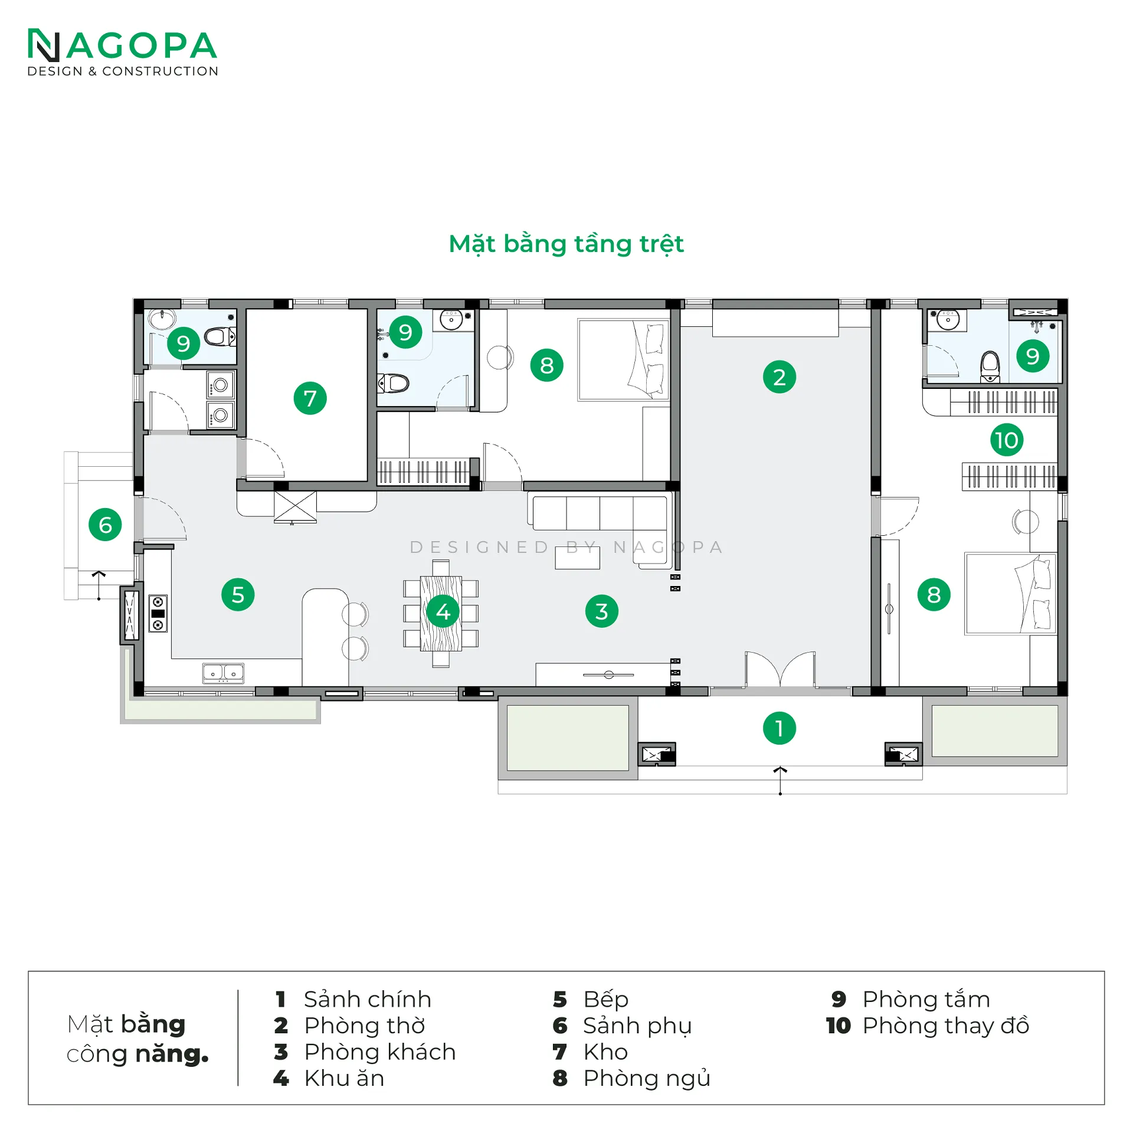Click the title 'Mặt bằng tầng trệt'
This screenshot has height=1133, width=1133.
coord(566,244)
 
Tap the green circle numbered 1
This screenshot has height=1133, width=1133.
coord(779,728)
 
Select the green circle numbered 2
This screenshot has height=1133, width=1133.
coord(779,377)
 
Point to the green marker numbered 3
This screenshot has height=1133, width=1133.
coord(601,611)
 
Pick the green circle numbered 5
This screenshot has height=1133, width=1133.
coord(238,594)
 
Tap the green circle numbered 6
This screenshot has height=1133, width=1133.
coord(105,525)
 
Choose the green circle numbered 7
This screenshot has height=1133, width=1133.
coord(310,398)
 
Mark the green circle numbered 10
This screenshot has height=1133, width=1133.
coord(1006,440)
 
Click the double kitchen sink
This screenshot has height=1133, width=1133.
coord(223,673)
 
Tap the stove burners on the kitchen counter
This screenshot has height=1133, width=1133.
coord(158,613)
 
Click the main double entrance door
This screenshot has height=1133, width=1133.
coord(780,670)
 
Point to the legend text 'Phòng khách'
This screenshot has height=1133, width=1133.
coord(380,1052)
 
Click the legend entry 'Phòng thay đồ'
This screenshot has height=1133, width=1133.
coord(945,1026)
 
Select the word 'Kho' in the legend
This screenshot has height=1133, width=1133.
coord(605,1052)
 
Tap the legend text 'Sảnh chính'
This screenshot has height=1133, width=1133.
coord(367,999)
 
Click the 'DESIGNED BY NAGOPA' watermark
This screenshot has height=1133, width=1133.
coord(566,547)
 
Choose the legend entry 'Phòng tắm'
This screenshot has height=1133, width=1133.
coord(926,999)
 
